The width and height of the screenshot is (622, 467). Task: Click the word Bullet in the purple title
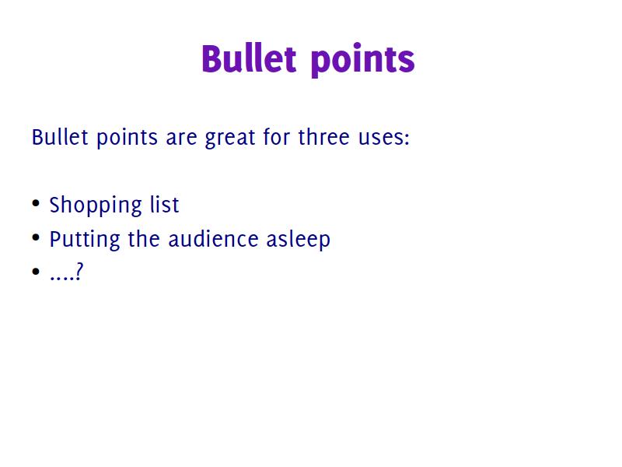click(x=249, y=59)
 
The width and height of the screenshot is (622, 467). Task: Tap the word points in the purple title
click(x=363, y=61)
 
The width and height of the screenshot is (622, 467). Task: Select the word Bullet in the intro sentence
click(x=60, y=138)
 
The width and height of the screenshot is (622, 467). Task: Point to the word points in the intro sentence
click(x=128, y=139)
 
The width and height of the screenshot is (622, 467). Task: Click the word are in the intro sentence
click(x=182, y=140)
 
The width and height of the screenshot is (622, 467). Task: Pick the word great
click(x=230, y=139)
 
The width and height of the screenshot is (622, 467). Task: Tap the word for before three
click(x=277, y=138)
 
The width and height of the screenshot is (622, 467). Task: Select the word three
click(x=323, y=138)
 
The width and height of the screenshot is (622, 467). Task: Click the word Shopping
click(x=96, y=205)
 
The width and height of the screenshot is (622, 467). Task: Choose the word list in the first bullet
click(x=165, y=205)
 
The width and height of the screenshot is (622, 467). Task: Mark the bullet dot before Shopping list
click(x=36, y=203)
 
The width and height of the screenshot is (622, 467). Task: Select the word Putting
click(x=85, y=240)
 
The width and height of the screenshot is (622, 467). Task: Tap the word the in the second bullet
click(x=144, y=239)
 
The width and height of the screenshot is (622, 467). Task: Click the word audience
click(x=213, y=239)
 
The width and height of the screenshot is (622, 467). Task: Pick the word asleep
click(x=299, y=240)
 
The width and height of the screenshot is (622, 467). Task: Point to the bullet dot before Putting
click(x=36, y=237)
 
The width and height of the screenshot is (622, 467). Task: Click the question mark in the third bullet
click(x=79, y=272)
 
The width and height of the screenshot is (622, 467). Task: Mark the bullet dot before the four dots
click(x=36, y=271)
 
